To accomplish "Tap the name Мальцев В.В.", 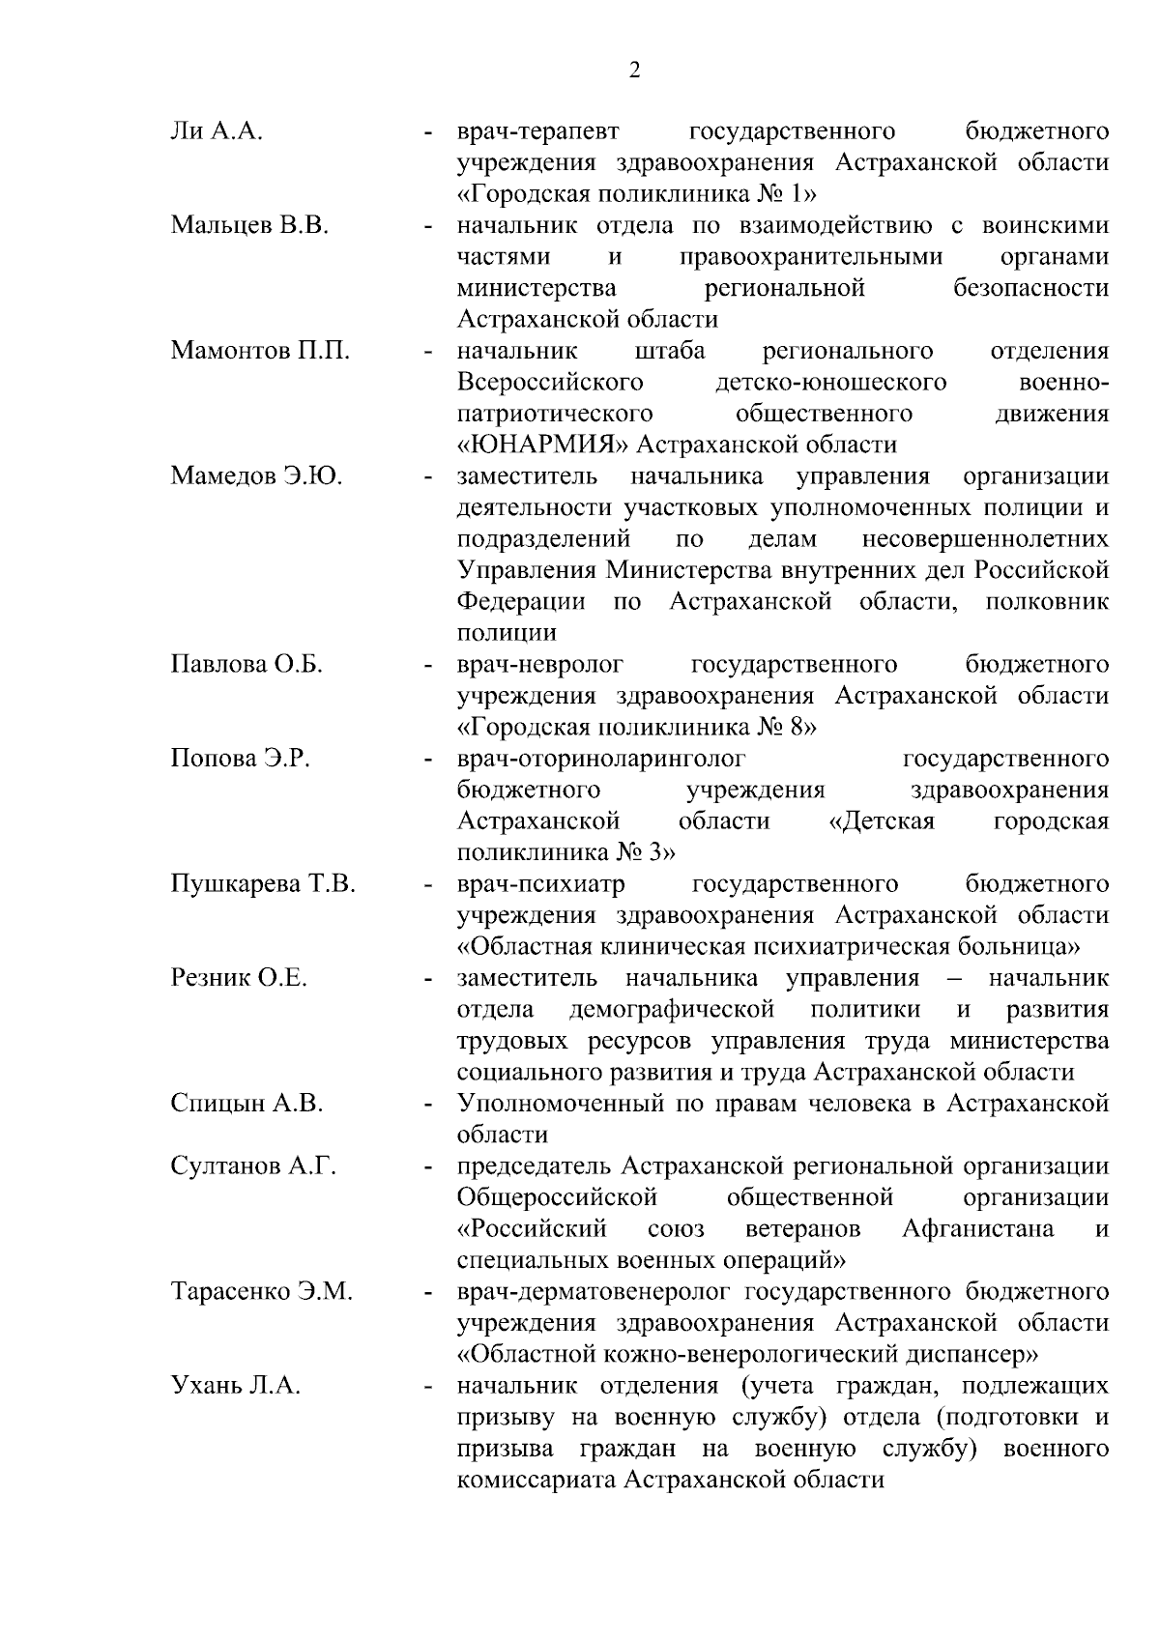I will (x=249, y=226).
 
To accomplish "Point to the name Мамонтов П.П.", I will (x=260, y=351).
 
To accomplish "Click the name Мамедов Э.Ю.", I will (x=256, y=476).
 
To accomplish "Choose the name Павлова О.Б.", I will (x=246, y=665).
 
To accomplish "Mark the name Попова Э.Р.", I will (x=240, y=759).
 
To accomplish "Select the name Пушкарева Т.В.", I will (x=263, y=884).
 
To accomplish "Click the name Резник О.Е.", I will (x=239, y=978).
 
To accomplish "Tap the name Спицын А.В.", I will (x=246, y=1104).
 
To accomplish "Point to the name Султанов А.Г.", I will (x=253, y=1166).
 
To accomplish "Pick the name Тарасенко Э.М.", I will (x=261, y=1292).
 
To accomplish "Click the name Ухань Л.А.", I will (x=236, y=1386).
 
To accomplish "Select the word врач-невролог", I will (x=540, y=665).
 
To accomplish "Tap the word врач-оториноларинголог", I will (x=601, y=759).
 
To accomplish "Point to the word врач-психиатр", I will (x=541, y=884).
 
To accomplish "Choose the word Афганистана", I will (x=977, y=1229).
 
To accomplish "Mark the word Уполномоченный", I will (x=558, y=1104).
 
